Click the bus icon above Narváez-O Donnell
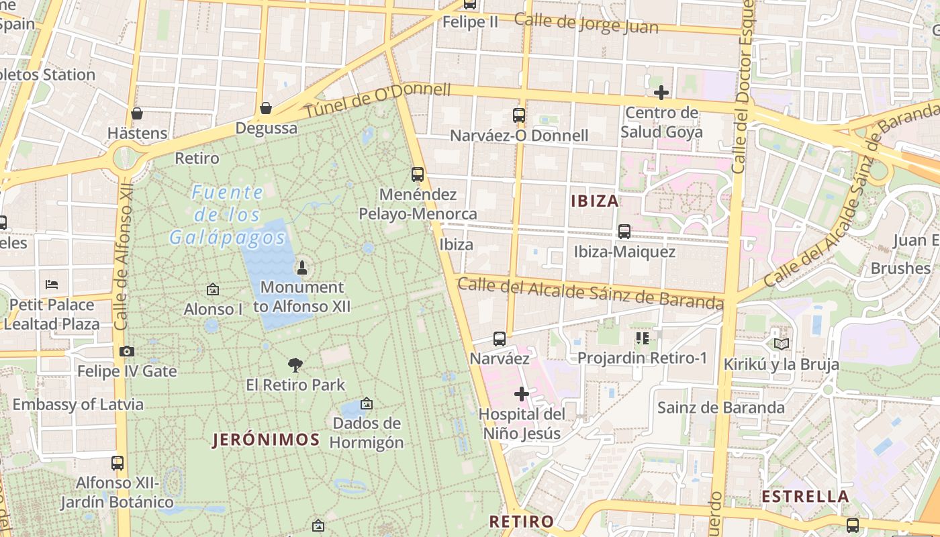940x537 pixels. coord(519,115)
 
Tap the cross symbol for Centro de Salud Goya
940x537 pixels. coord(661,93)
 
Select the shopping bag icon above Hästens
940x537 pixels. coord(137,113)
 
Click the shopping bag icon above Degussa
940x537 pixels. coord(266,107)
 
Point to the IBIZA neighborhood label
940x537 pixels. coord(595,201)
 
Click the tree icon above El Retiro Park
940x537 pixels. coord(295,365)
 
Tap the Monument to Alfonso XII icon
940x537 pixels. coord(301,268)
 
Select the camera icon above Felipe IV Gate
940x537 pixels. coord(126,351)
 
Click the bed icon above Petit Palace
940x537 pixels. coord(52,285)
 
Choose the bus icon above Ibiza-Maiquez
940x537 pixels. coord(624,232)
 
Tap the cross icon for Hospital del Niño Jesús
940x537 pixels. coord(522,394)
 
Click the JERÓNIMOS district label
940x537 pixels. coord(267,440)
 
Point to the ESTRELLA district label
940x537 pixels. coord(806,497)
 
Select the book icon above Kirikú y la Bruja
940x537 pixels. coord(781,344)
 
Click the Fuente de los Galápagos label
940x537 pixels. coord(228,215)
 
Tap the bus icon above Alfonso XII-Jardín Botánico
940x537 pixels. coord(117,462)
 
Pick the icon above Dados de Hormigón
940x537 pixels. coord(367,403)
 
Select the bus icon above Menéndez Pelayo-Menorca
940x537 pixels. coord(418,175)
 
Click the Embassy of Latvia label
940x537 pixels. coord(78,404)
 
